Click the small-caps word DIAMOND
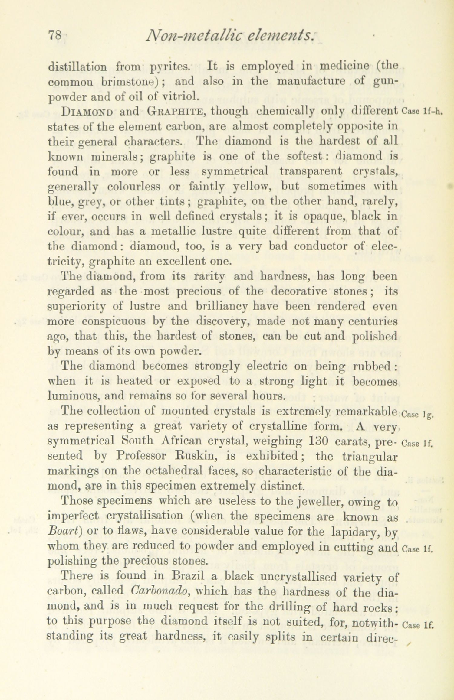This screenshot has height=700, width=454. pyautogui.click(x=87, y=112)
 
